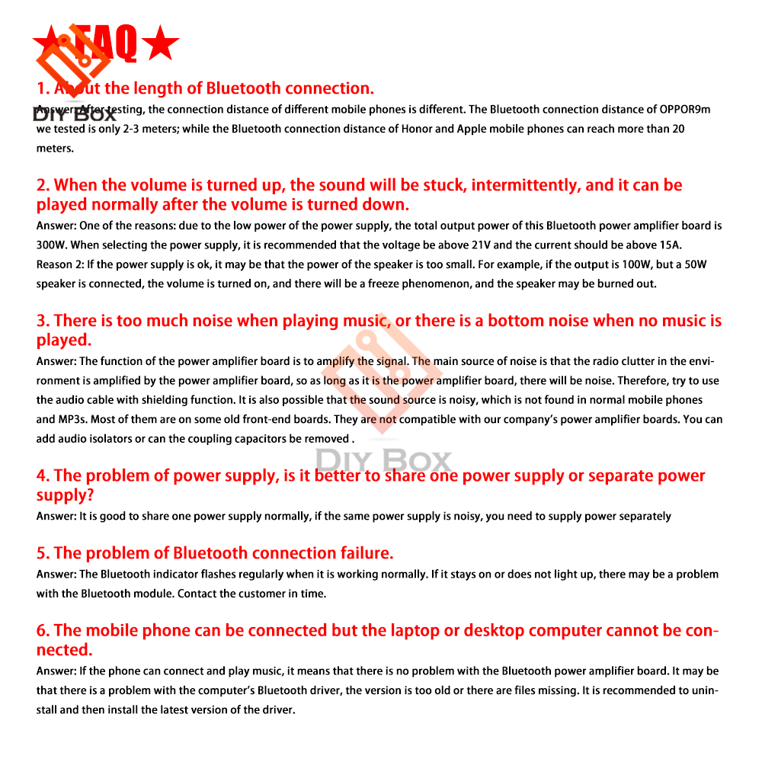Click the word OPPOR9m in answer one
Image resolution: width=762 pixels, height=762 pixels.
tap(684, 110)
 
